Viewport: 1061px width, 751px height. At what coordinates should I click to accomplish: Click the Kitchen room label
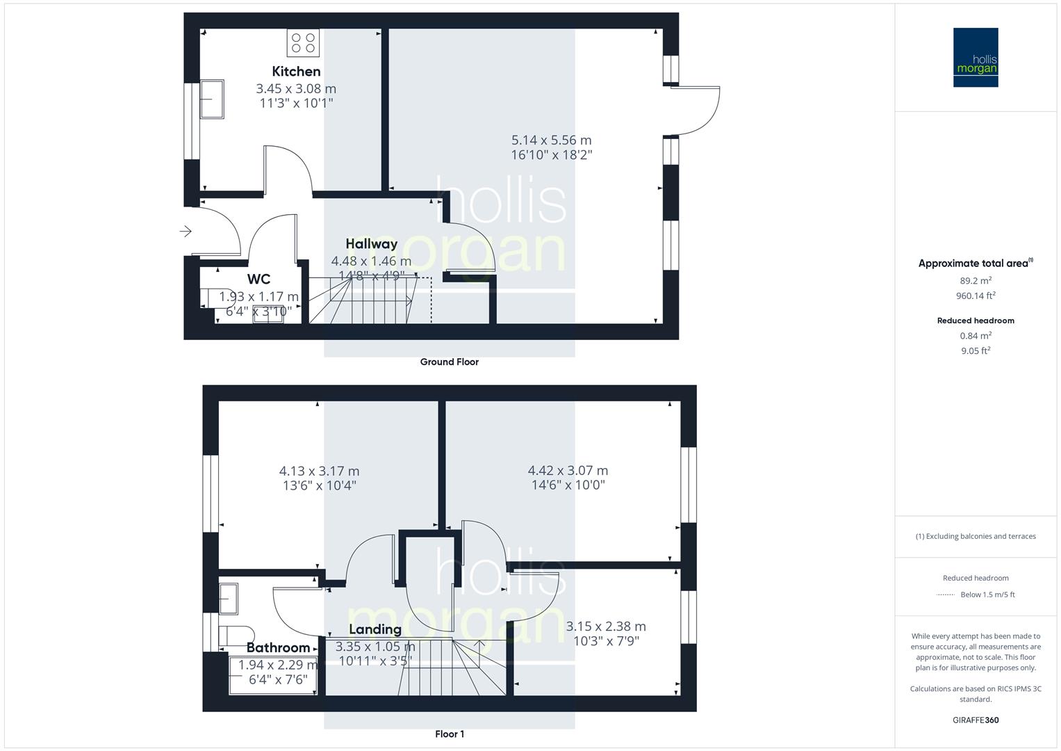pyautogui.click(x=296, y=71)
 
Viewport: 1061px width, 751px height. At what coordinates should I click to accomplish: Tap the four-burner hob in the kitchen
pyautogui.click(x=304, y=42)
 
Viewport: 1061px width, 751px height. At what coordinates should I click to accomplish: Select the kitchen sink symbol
pyautogui.click(x=211, y=99)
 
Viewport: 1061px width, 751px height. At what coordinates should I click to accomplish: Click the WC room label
pyautogui.click(x=258, y=280)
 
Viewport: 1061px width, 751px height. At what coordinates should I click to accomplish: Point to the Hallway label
pyautogui.click(x=372, y=244)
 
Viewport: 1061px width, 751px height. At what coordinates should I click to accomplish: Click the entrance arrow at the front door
pyautogui.click(x=186, y=231)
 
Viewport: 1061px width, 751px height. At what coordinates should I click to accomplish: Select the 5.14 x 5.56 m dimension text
pyautogui.click(x=552, y=140)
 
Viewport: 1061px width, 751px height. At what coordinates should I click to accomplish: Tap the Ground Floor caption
pyautogui.click(x=449, y=362)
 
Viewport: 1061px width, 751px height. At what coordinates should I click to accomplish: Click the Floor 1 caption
pyautogui.click(x=450, y=734)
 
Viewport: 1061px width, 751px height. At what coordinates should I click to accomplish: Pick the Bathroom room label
pyautogui.click(x=278, y=648)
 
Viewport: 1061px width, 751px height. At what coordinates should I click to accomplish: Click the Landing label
pyautogui.click(x=375, y=629)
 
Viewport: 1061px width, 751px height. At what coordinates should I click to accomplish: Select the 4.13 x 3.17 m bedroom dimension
pyautogui.click(x=320, y=471)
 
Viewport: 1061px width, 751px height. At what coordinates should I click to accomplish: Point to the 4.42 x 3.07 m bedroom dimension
pyautogui.click(x=568, y=471)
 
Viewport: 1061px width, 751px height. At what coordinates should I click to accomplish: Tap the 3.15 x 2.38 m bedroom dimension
pyautogui.click(x=606, y=627)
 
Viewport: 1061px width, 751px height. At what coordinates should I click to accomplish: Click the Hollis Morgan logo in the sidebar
pyautogui.click(x=976, y=58)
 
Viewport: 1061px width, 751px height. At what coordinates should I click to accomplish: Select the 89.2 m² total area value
pyautogui.click(x=976, y=281)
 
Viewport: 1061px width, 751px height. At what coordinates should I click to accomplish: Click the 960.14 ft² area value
pyautogui.click(x=976, y=296)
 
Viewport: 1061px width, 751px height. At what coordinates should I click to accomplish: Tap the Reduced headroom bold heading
pyautogui.click(x=976, y=321)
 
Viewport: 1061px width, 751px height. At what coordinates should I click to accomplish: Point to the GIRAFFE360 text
pyautogui.click(x=976, y=720)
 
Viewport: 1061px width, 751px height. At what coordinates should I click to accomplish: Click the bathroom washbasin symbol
pyautogui.click(x=229, y=599)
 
